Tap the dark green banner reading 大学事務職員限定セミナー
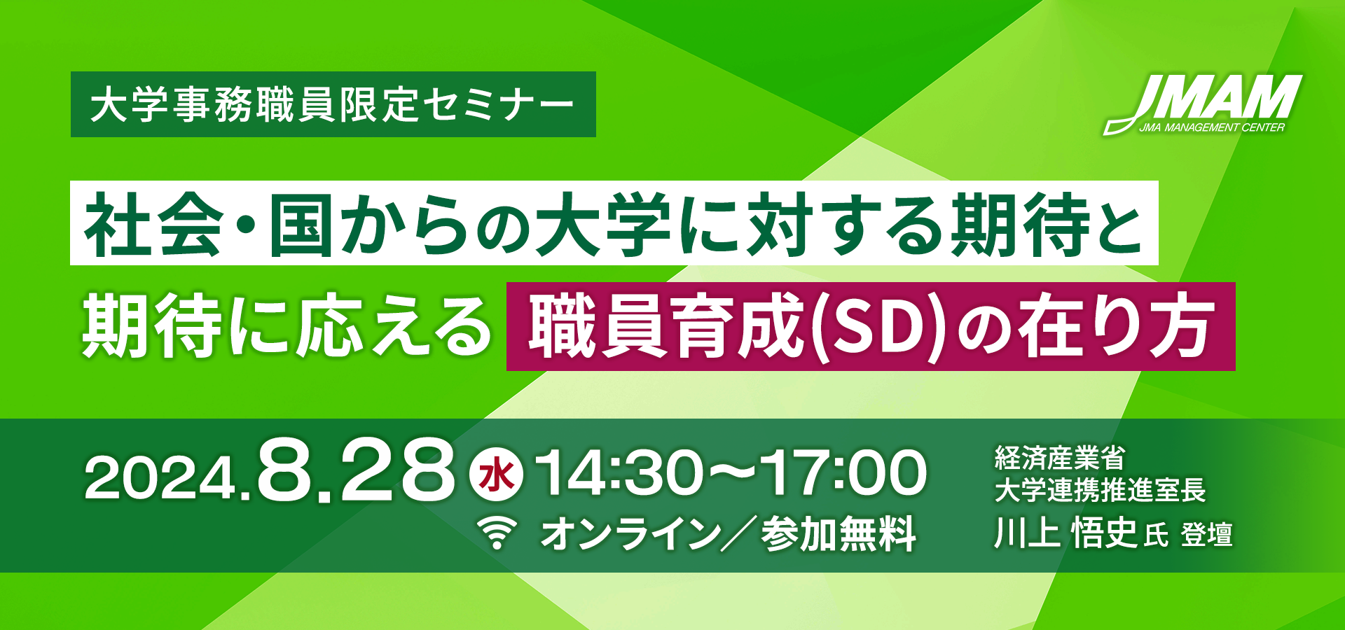pyautogui.click(x=333, y=104)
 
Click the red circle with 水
pyautogui.click(x=496, y=477)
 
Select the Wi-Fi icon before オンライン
pyautogui.click(x=497, y=533)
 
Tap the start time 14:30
pyautogui.click(x=619, y=474)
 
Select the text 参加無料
pyautogui.click(x=839, y=534)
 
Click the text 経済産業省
pyautogui.click(x=1059, y=458)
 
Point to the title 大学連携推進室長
pyautogui.click(x=1100, y=490)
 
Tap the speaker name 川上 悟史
pyautogui.click(x=1065, y=534)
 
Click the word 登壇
pyautogui.click(x=1206, y=535)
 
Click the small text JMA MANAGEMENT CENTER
pyautogui.click(x=1212, y=127)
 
